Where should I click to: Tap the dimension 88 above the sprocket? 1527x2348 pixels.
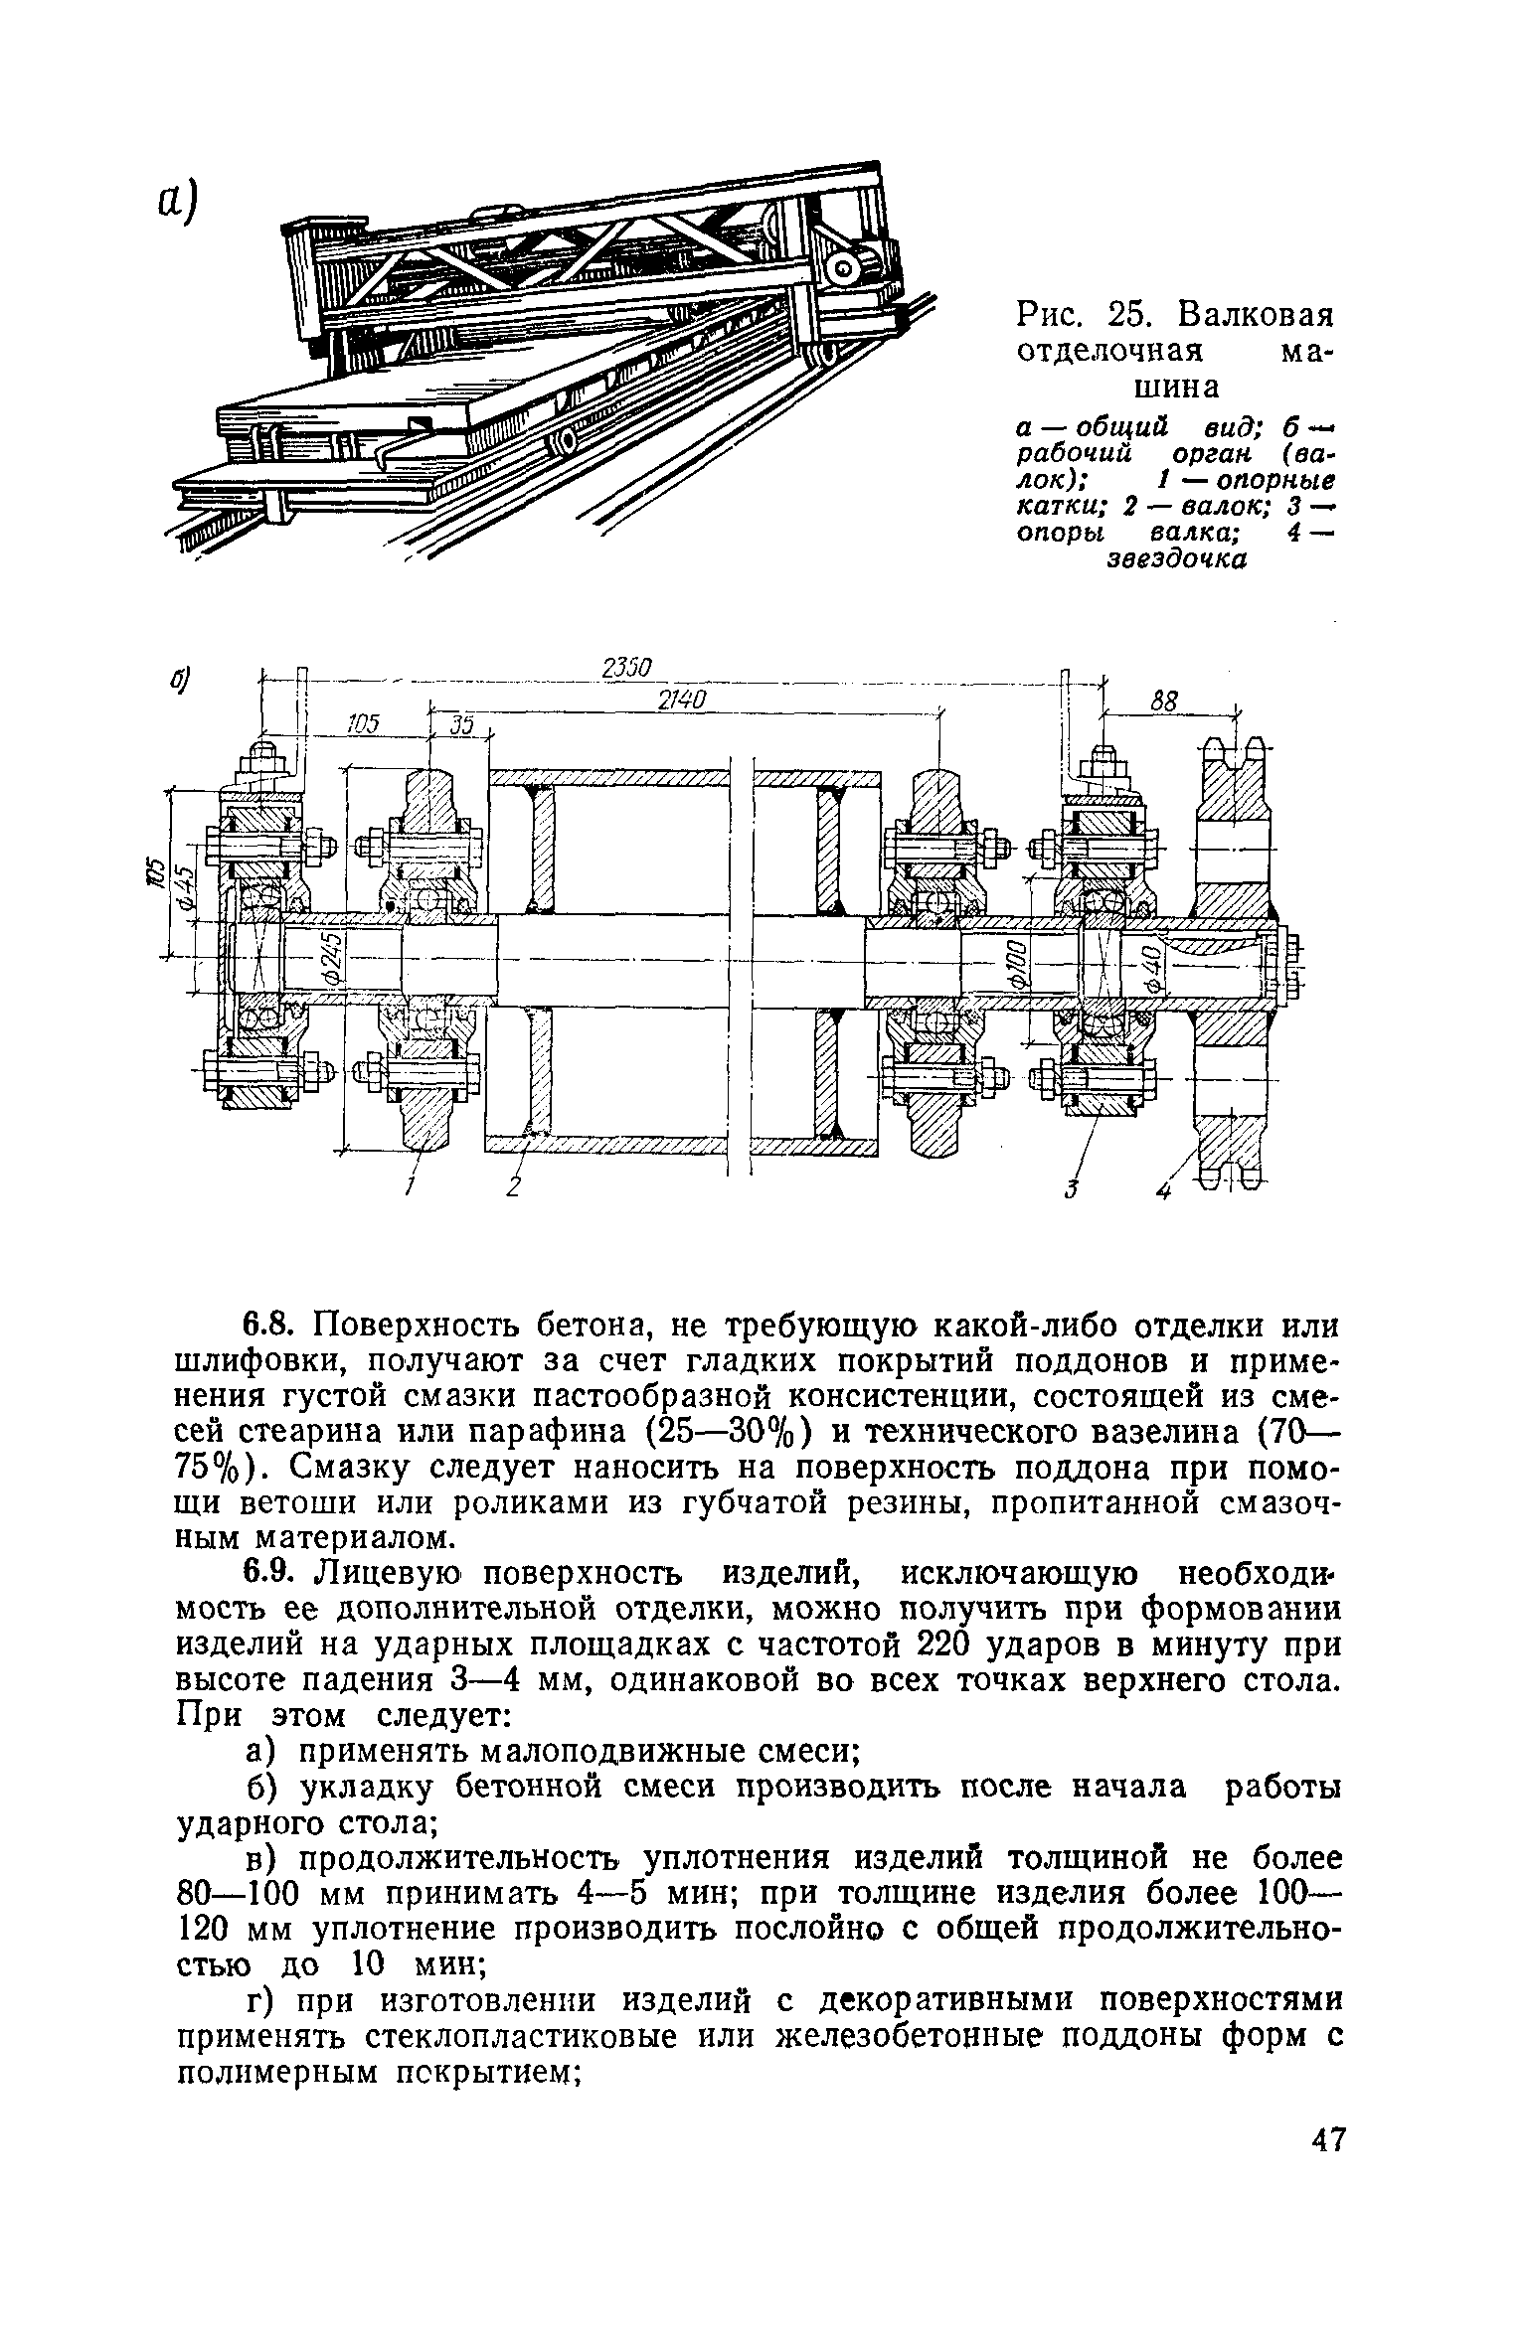(x=1163, y=703)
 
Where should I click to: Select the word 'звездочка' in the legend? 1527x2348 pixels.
(x=1176, y=560)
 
